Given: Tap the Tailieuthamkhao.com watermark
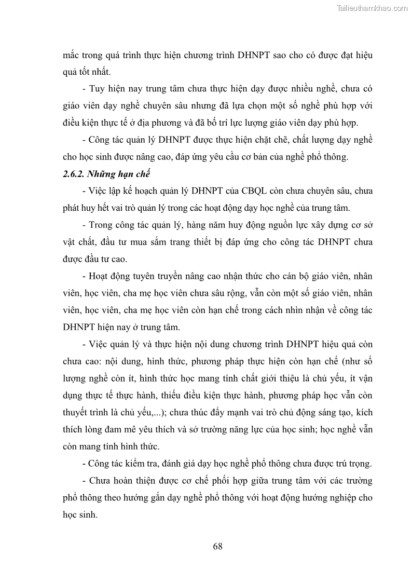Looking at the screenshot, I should coord(372,8).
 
